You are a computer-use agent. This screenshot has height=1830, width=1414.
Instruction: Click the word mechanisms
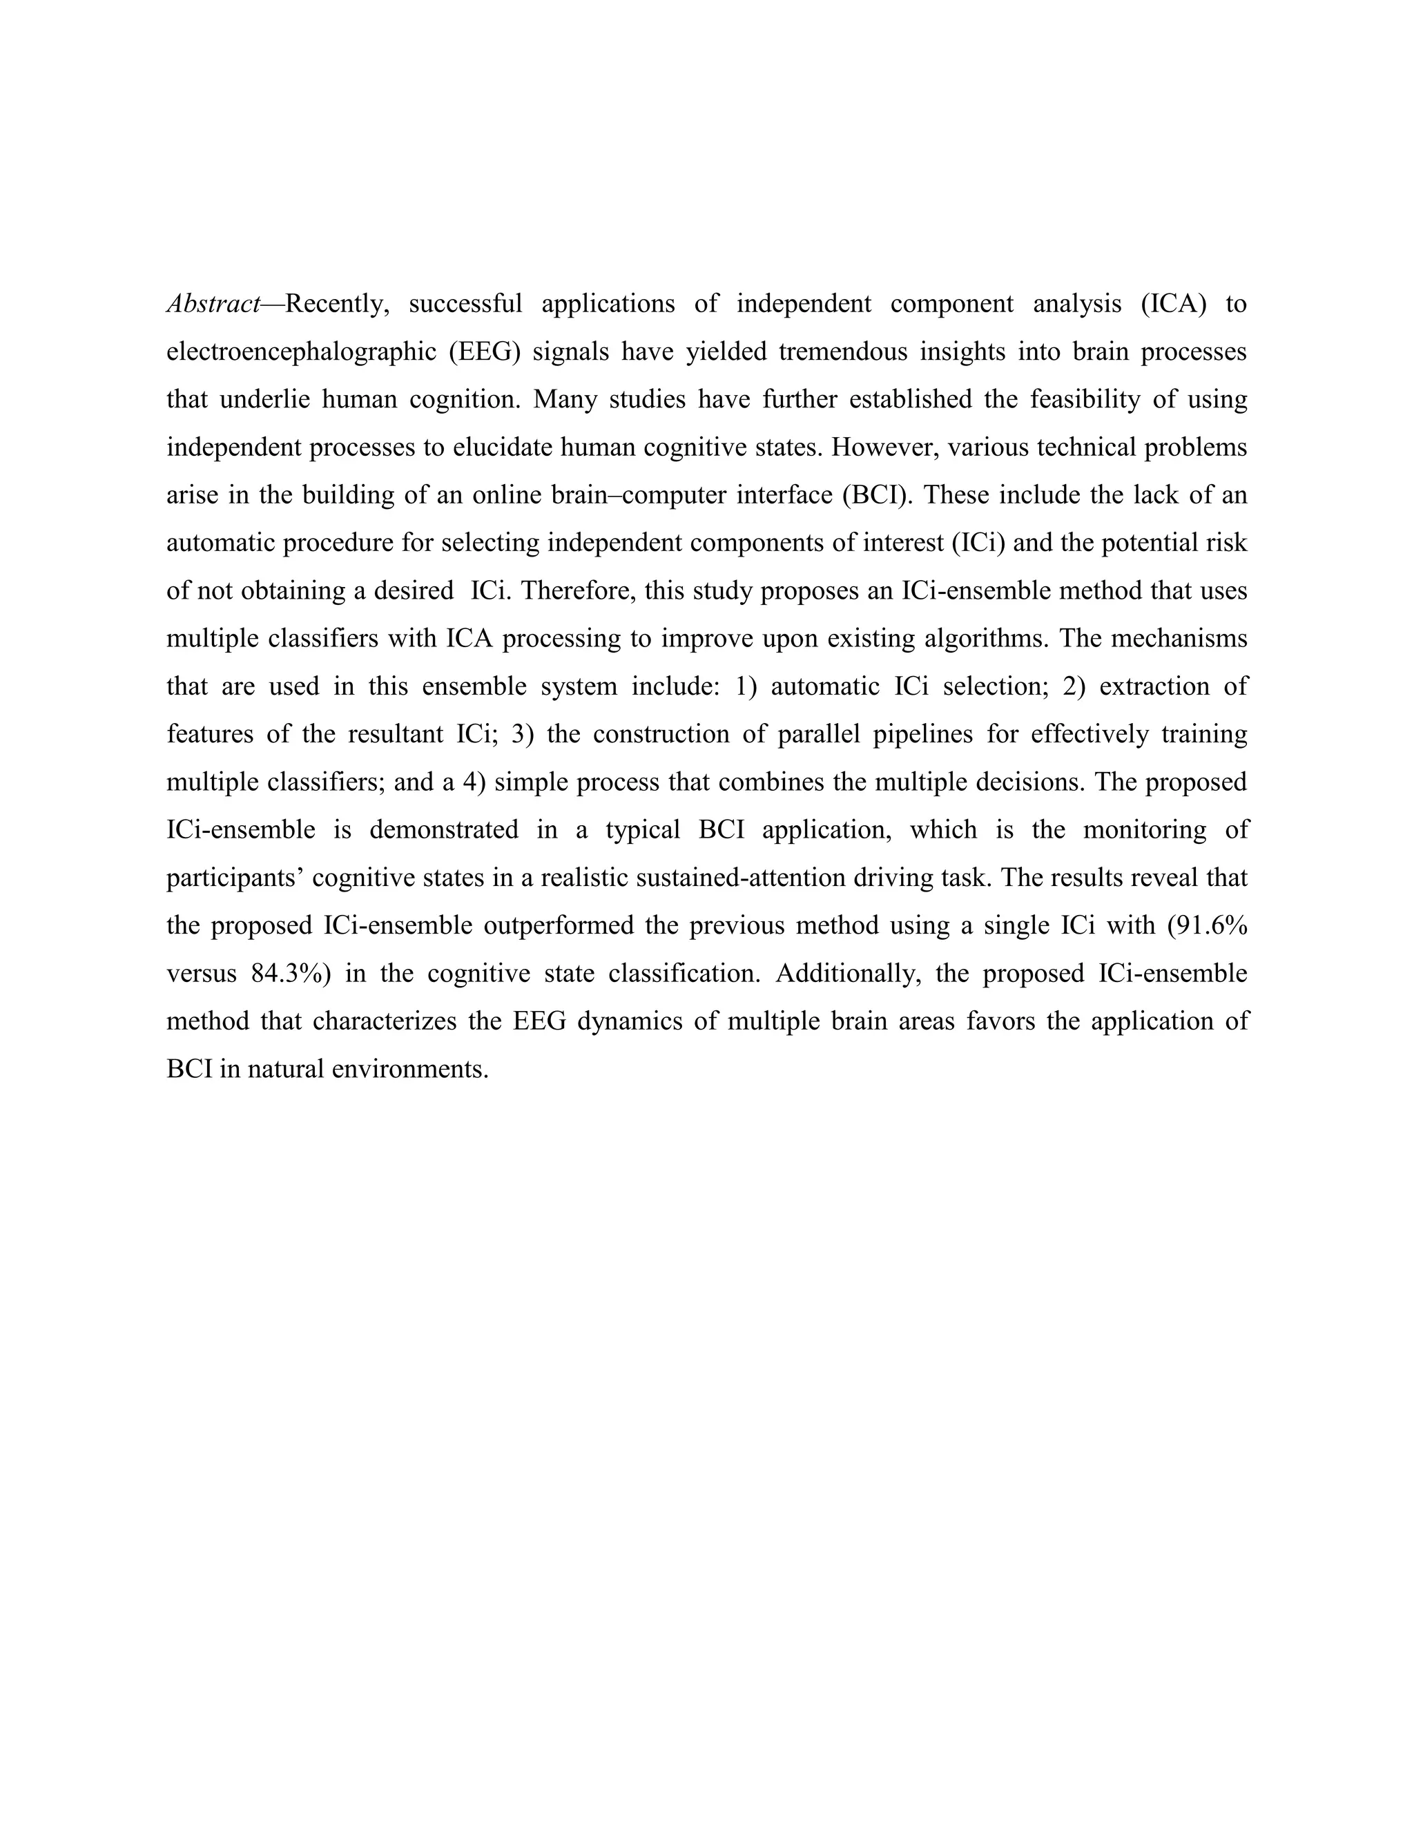tap(1175, 639)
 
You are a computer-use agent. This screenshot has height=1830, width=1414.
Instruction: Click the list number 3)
tap(523, 734)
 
